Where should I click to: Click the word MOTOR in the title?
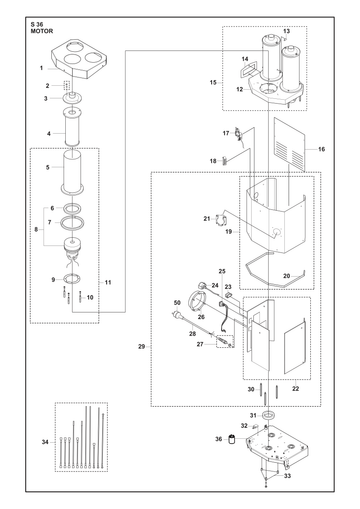click(x=42, y=31)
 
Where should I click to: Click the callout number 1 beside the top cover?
click(x=42, y=68)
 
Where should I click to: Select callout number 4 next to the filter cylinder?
click(x=49, y=134)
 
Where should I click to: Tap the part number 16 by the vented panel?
click(x=321, y=149)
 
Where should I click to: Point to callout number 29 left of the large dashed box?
click(x=142, y=347)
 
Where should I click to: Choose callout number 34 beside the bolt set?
click(x=45, y=442)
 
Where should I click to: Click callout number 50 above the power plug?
click(x=177, y=303)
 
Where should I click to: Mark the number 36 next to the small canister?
click(x=218, y=439)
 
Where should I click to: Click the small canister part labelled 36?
click(x=232, y=439)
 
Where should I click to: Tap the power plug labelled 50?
click(x=177, y=314)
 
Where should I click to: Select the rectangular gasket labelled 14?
click(x=247, y=71)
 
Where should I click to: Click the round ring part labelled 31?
click(x=268, y=415)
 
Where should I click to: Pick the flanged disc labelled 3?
click(x=72, y=98)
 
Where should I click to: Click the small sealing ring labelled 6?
click(x=72, y=209)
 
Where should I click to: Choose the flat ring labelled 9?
click(x=72, y=278)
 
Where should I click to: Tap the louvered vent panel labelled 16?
click(x=289, y=143)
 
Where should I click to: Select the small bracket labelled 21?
click(x=222, y=220)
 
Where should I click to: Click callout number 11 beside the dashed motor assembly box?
click(x=108, y=282)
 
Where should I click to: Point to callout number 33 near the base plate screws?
click(x=287, y=476)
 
